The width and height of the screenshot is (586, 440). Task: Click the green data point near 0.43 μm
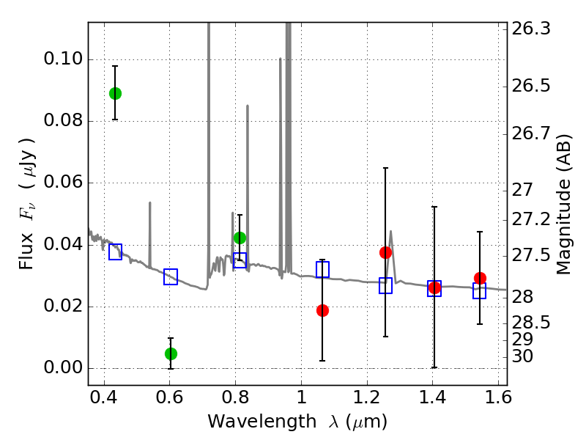(x=115, y=94)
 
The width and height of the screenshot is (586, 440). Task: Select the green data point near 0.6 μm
(x=171, y=353)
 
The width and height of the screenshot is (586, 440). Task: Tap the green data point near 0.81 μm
(x=240, y=238)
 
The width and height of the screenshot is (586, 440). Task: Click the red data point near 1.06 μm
(x=322, y=310)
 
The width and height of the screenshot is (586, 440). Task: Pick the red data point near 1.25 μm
(x=385, y=252)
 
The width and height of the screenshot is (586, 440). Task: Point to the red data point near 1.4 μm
(x=434, y=287)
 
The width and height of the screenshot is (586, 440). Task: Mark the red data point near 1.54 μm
(x=480, y=278)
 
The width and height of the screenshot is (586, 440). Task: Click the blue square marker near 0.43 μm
(x=115, y=252)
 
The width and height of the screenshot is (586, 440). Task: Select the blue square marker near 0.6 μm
(x=171, y=276)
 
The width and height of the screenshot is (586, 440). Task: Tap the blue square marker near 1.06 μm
(x=322, y=269)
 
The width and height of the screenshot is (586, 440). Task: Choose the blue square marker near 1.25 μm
(x=385, y=285)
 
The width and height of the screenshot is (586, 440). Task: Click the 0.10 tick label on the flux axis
(x=63, y=59)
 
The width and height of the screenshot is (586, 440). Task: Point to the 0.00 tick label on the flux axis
(x=63, y=367)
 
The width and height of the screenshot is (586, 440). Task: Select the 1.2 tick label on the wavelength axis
(x=367, y=397)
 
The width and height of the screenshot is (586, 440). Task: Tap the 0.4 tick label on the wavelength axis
(x=104, y=397)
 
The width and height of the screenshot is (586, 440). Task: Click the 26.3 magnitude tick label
(x=531, y=29)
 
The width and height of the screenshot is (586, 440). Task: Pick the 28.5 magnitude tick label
(x=531, y=323)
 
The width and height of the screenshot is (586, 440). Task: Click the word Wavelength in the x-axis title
(x=262, y=422)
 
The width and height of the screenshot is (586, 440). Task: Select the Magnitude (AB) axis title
(x=564, y=205)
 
